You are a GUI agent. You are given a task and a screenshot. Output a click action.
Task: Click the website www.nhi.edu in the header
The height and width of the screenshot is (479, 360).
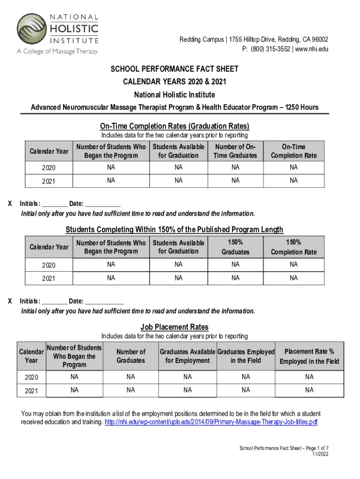(x=311, y=49)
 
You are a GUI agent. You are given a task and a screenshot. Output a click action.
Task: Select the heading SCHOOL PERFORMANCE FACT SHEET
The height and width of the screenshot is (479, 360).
(x=174, y=69)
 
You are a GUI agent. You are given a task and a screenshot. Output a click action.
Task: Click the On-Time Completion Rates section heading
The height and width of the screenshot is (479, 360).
(x=174, y=126)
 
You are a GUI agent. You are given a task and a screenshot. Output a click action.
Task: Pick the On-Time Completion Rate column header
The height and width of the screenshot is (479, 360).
(x=293, y=151)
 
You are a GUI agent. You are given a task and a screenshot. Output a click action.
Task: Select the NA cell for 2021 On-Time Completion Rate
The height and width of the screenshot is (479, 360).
(x=293, y=180)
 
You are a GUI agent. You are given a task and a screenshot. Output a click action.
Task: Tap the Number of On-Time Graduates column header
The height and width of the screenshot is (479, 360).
(x=235, y=151)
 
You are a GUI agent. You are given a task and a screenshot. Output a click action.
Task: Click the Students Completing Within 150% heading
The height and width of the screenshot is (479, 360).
(x=174, y=230)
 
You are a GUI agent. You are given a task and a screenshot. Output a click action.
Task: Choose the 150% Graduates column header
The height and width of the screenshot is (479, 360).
(x=235, y=247)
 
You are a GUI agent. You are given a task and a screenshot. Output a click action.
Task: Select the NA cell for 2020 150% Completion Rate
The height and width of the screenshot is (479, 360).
(x=293, y=265)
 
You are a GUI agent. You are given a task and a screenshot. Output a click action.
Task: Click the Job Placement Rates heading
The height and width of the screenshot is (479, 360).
(x=174, y=327)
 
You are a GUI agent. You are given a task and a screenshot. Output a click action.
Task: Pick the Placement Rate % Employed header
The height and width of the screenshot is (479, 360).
(x=309, y=356)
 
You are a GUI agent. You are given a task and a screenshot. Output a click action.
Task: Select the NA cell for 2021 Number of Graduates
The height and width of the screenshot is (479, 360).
(x=130, y=390)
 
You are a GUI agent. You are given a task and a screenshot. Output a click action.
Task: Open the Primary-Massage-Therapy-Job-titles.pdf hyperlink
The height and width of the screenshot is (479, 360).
(x=211, y=422)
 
